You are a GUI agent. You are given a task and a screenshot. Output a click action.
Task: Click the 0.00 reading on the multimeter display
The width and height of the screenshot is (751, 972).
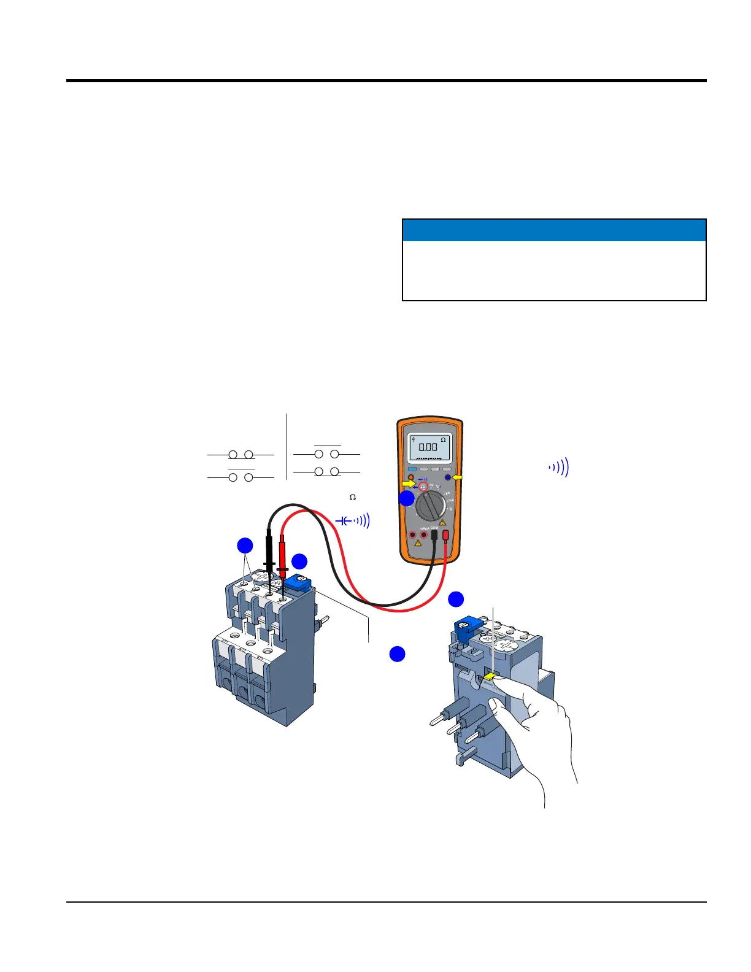pyautogui.click(x=428, y=447)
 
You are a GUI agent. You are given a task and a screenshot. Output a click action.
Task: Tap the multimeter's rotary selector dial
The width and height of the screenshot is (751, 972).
pyautogui.click(x=430, y=507)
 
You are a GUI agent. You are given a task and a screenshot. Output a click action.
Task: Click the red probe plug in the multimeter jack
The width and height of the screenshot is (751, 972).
pyautogui.click(x=445, y=537)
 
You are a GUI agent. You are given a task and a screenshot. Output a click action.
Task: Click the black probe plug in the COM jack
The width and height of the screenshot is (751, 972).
pyautogui.click(x=434, y=537)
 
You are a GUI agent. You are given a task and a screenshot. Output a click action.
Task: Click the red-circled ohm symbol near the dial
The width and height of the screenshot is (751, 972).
pyautogui.click(x=423, y=486)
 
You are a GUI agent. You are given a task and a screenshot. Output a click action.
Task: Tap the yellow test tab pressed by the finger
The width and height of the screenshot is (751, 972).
pyautogui.click(x=490, y=676)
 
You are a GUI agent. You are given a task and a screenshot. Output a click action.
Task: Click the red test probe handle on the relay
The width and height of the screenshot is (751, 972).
pyautogui.click(x=283, y=550)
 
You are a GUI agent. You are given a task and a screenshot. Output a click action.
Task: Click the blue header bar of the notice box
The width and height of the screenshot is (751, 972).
pyautogui.click(x=554, y=230)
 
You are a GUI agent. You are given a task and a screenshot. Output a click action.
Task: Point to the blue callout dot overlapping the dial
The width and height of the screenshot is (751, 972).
pyautogui.click(x=407, y=498)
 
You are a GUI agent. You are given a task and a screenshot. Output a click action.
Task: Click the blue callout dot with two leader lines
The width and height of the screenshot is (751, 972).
pyautogui.click(x=245, y=546)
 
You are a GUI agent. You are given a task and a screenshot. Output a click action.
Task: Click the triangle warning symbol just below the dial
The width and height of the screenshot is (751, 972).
pyautogui.click(x=442, y=522)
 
